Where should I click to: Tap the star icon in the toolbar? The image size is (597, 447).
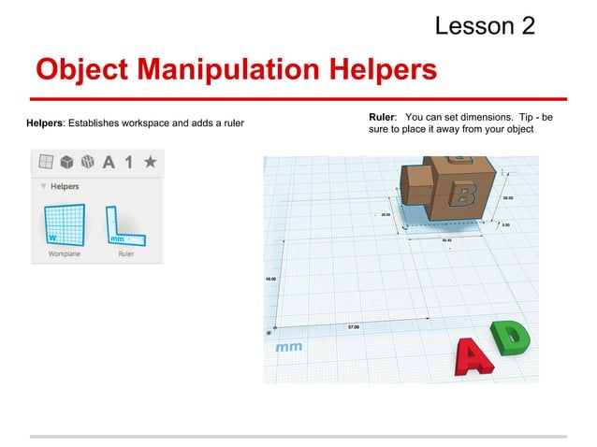tap(150, 162)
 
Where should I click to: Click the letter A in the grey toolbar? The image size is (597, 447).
tap(109, 162)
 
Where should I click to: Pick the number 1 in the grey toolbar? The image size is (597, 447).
tap(129, 162)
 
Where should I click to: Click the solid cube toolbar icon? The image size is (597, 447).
tap(66, 162)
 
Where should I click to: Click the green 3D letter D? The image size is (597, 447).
tap(510, 338)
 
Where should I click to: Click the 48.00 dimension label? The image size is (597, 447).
tap(269, 280)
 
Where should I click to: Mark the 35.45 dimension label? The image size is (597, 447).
tap(447, 239)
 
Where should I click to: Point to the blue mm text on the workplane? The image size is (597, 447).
tap(288, 347)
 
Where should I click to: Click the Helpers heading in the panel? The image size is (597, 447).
tap(63, 186)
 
